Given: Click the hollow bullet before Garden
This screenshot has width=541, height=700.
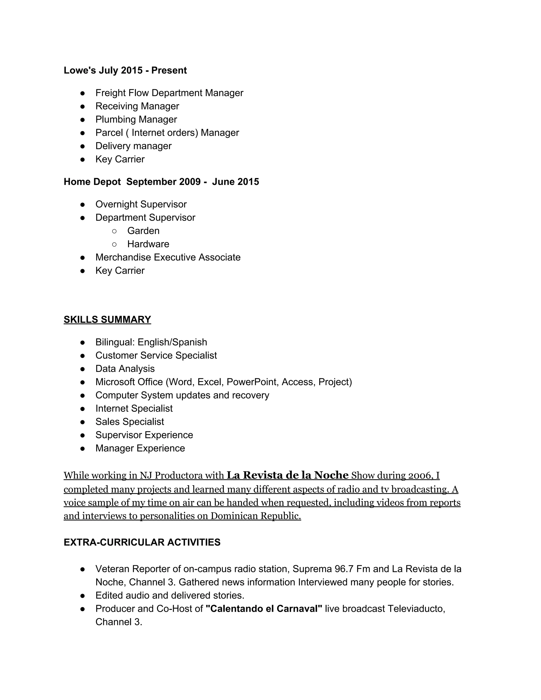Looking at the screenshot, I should coord(114,231).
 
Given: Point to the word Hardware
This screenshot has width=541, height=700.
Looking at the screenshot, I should coord(148,244).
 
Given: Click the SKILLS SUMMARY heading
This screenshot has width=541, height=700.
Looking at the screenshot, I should coord(107,320).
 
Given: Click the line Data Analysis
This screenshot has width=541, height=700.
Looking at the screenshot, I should coord(125,369).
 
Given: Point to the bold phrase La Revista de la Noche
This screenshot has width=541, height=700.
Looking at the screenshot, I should coord(287,475).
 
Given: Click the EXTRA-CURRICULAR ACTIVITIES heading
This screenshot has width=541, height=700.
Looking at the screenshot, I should coord(142,542).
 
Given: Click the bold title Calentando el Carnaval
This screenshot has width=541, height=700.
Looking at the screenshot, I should coord(263,609).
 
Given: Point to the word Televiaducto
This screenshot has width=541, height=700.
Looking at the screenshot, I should coord(416,609).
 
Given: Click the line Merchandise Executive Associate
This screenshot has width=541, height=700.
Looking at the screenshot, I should coord(168,257).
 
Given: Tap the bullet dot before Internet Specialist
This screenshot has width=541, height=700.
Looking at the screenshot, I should coord(83,409).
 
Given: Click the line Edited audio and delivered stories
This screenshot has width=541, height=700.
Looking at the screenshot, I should coord(170,595).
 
